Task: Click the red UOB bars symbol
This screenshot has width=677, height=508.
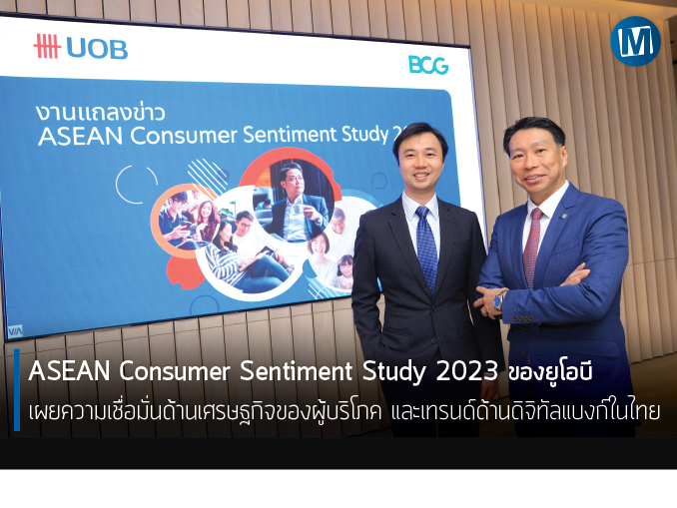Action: click(x=47, y=46)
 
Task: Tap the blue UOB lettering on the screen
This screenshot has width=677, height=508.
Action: click(x=97, y=49)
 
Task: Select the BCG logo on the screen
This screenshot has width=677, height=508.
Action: click(x=428, y=65)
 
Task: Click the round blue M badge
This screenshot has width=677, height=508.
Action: click(x=635, y=41)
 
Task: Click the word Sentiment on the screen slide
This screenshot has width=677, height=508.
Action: click(x=291, y=134)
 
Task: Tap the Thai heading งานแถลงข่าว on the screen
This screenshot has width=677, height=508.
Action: click(x=101, y=112)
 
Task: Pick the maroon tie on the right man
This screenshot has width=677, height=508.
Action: click(x=532, y=248)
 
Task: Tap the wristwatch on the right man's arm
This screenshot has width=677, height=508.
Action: click(x=500, y=300)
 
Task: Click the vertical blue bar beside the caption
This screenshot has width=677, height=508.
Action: click(x=17, y=390)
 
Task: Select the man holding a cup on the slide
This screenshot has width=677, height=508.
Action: click(x=295, y=202)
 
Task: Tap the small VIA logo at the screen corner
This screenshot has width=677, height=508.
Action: click(x=15, y=331)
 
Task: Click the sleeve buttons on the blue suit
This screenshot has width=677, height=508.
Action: click(x=522, y=318)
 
